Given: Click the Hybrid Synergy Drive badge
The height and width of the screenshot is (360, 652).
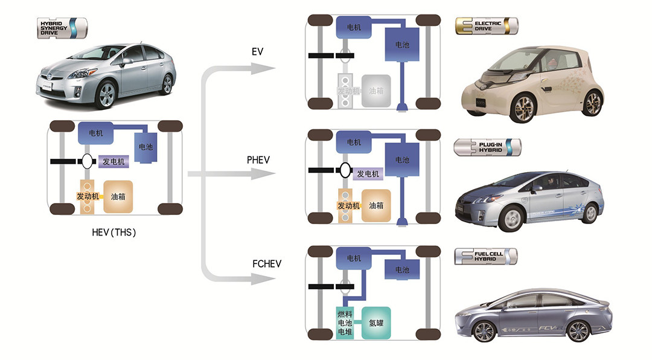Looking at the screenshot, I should tap(62, 28).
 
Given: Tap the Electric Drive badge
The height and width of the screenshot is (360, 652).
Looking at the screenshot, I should tap(487, 27).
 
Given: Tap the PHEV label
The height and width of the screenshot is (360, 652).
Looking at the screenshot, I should tap(258, 160).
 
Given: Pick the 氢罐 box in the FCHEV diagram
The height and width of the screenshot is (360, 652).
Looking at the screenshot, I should tap(376, 323).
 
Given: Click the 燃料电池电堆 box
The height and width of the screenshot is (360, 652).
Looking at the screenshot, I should tap(345, 323).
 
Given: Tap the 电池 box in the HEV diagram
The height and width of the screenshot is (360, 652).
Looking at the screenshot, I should tap(146, 147).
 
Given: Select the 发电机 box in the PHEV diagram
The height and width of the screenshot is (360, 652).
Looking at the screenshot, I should tap(368, 174).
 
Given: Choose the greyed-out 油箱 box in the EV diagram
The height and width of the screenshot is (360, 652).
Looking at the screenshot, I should tap(376, 91).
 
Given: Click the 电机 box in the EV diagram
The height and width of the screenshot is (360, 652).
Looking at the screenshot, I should tap(354, 27).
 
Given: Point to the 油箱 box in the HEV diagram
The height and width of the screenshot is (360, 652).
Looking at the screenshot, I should tap(118, 196).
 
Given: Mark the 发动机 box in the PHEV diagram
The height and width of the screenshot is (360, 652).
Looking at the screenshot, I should tap(348, 205).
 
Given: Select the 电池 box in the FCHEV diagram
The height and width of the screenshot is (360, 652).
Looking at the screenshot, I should tap(402, 270).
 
